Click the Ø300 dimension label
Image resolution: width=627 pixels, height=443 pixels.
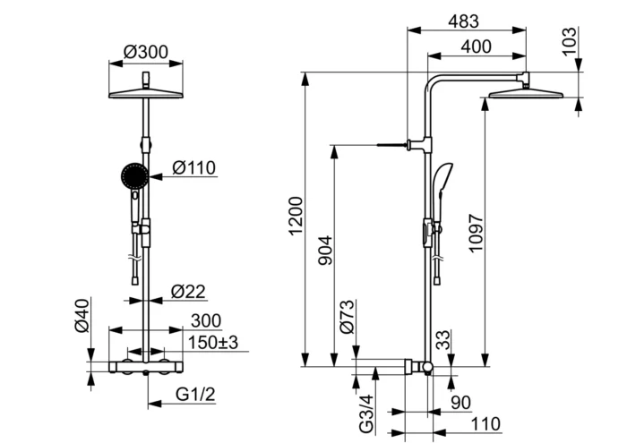point(146,52)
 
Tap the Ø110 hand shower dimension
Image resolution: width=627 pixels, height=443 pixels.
point(194,167)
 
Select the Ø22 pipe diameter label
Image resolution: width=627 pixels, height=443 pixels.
point(188,291)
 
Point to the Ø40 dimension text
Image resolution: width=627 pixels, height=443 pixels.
point(82,315)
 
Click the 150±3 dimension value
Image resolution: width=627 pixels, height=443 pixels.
point(213,343)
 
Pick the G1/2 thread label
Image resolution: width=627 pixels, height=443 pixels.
point(195,395)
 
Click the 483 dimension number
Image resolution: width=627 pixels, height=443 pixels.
point(463,21)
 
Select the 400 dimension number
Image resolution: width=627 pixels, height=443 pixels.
point(476,47)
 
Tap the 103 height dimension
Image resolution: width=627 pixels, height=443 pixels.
point(570,41)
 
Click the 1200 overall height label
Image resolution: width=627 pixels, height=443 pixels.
point(296,216)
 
